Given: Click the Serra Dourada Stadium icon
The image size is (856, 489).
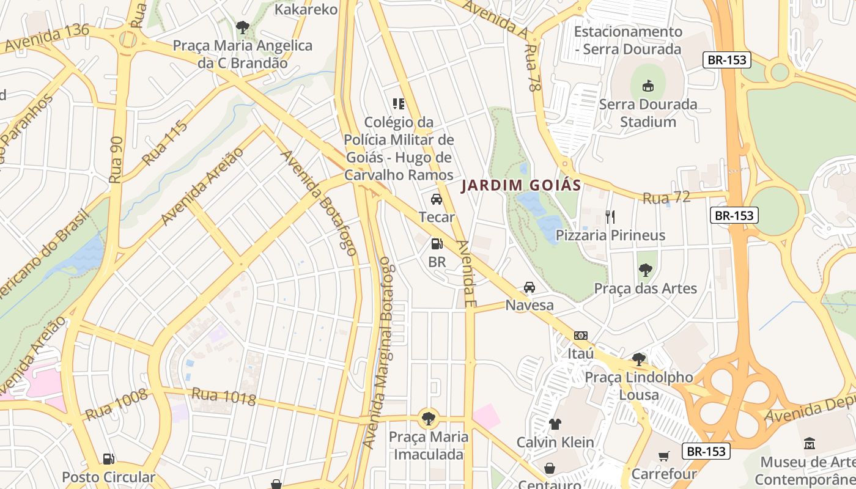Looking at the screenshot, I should [x=648, y=86].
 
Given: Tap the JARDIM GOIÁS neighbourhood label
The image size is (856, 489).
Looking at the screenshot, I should [x=520, y=185].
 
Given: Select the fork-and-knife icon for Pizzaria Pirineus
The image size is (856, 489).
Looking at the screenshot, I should [x=610, y=216].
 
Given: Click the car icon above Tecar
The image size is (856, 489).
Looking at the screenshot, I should [x=437, y=199].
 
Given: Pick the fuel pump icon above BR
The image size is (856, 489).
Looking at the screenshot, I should [x=437, y=244].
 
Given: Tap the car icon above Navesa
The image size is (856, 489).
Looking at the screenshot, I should [x=529, y=287].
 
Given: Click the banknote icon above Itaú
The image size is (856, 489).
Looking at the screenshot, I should [x=581, y=336].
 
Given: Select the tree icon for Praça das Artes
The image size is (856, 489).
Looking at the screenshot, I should [x=645, y=270].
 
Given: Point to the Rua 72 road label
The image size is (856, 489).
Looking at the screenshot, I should [x=666, y=197].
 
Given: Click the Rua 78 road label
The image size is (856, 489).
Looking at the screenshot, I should [x=533, y=68].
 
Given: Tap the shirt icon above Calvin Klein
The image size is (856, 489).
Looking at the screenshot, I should [x=555, y=424].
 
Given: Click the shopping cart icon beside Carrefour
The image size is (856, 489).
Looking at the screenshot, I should [x=664, y=455].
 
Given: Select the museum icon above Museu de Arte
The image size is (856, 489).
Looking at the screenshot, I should [x=810, y=443].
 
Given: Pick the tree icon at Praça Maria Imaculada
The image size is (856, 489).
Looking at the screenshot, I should [x=429, y=419].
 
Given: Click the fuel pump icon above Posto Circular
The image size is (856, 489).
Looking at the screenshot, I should [x=108, y=458].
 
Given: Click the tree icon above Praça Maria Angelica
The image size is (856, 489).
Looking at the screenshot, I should [x=242, y=27].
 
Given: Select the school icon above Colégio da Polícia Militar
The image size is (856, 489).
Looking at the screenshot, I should [x=399, y=104].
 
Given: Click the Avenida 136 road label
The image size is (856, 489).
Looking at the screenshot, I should [x=46, y=38].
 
